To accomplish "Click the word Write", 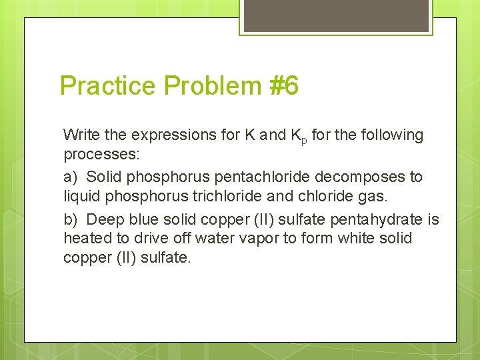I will (81, 135).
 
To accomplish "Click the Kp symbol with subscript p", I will (299, 136).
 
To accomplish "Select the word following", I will (393, 135).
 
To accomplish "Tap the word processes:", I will (96, 155).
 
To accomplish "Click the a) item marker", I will (70, 177).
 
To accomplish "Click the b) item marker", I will (70, 219).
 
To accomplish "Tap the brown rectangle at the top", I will (335, 15).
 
